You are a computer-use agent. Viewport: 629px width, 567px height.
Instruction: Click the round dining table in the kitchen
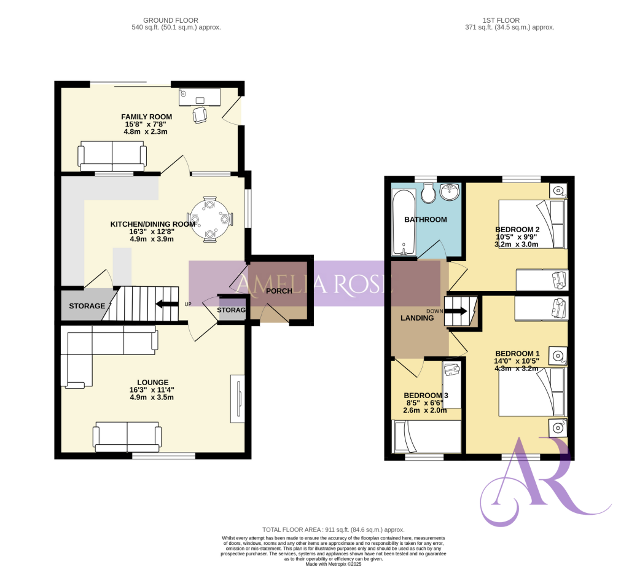coord(210,218)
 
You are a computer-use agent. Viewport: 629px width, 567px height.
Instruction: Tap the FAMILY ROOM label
coord(146,117)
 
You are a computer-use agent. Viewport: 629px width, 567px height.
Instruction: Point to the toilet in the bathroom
coord(429,194)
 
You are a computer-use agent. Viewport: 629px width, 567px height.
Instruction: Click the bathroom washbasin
coord(450,192)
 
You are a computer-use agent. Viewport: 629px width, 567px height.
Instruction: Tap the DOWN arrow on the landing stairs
coord(455,311)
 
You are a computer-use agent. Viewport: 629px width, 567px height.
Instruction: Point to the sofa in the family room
coord(112,156)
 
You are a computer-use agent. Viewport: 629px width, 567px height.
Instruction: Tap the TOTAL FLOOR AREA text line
coord(333,530)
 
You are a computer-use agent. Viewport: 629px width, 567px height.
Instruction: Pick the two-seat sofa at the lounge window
coord(127,436)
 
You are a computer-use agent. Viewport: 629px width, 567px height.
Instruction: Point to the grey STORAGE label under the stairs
coord(87,306)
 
